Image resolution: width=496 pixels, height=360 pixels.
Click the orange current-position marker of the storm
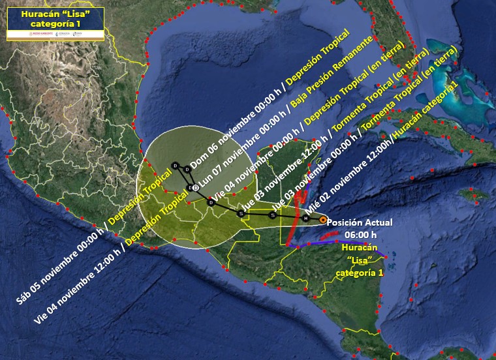[x=323, y=220]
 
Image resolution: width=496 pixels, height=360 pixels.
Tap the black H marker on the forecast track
[x=305, y=218]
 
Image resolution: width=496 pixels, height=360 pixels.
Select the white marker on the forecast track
[x=196, y=188]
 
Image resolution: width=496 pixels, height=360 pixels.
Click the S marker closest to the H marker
[x=272, y=215]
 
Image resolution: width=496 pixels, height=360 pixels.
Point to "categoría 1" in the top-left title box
[x=55, y=24]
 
